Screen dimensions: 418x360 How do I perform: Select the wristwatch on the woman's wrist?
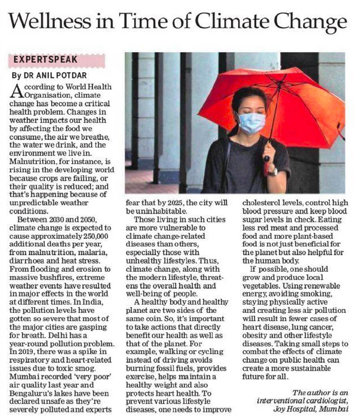tap(273, 171)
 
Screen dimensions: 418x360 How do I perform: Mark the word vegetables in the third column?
tap(261, 287)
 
